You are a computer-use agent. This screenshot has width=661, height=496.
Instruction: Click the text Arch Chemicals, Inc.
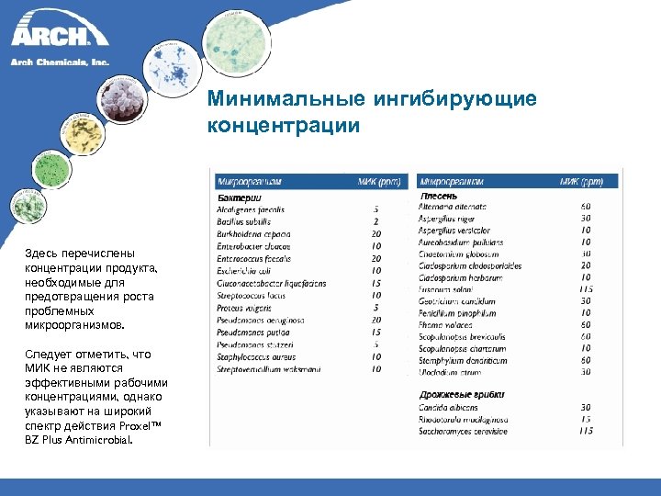click(x=59, y=62)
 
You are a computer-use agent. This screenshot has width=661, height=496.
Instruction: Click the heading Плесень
click(x=439, y=196)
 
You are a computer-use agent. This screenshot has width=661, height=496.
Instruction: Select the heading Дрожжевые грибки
click(x=461, y=394)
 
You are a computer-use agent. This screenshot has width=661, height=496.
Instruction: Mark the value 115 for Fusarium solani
click(x=586, y=288)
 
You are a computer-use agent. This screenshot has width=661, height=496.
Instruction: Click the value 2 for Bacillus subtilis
click(x=376, y=221)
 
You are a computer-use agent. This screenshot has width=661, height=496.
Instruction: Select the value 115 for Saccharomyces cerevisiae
click(x=586, y=431)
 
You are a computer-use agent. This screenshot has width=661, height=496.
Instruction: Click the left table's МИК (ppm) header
click(x=376, y=180)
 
